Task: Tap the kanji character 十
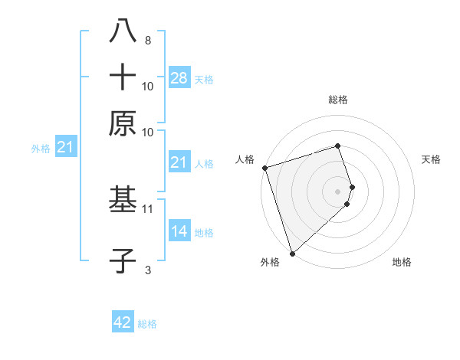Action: tap(123, 77)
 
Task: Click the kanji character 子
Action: tap(123, 260)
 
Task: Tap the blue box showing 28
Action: tap(179, 78)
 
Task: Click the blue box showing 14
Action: tap(179, 232)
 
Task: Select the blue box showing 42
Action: tap(123, 322)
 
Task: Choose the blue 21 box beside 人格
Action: tap(179, 162)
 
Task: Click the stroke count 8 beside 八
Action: tap(147, 40)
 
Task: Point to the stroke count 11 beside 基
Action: tap(148, 208)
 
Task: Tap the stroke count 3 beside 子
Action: tap(147, 269)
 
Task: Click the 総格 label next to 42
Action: tap(147, 324)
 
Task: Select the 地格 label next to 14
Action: tap(204, 233)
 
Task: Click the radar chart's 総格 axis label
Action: tap(338, 100)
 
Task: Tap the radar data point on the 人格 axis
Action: tap(264, 168)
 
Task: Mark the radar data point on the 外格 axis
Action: tap(292, 253)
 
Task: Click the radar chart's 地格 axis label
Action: tap(402, 263)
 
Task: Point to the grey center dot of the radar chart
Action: tap(338, 191)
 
